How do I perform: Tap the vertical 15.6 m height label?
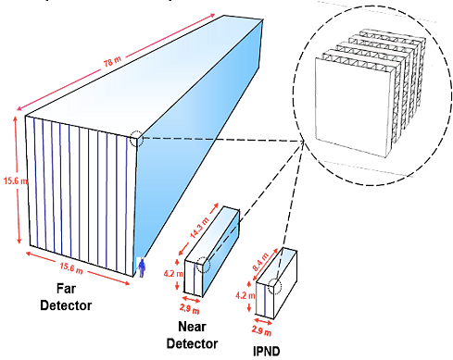tap(10, 179)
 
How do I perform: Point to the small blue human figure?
tap(142, 267)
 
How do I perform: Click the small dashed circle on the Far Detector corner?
tap(136, 140)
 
